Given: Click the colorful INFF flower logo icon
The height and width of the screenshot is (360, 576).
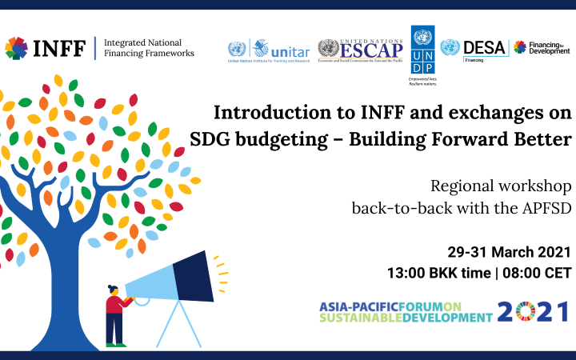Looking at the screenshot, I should tap(16, 49).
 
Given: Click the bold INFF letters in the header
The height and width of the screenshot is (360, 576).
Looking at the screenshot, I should tap(58, 49).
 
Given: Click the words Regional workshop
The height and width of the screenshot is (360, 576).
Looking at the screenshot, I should tap(501, 186).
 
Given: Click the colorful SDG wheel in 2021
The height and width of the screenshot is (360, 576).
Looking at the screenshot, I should tap(526, 311).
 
